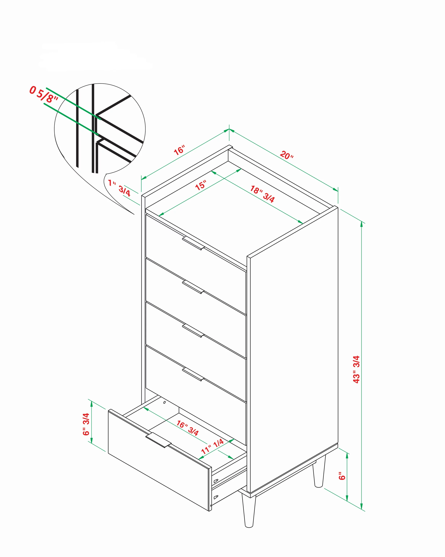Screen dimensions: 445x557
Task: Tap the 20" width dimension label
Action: [287, 155]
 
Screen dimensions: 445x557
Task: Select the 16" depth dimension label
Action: [179, 150]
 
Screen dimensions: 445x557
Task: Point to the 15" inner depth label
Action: [201, 185]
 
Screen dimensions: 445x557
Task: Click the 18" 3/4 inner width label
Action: [262, 194]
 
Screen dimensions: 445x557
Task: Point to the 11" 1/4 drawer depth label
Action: [212, 446]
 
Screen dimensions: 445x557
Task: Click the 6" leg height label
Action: [342, 476]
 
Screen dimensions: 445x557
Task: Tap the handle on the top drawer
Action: [193, 243]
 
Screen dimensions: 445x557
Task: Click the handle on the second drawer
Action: [193, 287]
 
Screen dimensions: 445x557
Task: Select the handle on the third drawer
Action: [193, 331]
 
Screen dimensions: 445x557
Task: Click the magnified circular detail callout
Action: [100, 129]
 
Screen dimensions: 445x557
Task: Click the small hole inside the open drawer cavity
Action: [164, 402]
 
